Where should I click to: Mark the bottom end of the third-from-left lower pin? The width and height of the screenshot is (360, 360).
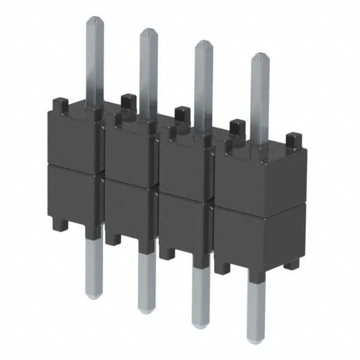(200, 325)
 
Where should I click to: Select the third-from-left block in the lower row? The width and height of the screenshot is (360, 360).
(183, 225)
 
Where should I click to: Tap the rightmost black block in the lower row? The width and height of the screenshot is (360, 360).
(259, 239)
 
